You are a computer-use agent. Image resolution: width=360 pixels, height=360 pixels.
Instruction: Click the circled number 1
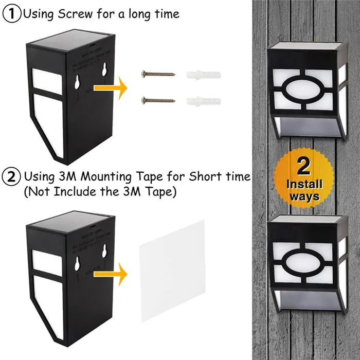coord(11,14)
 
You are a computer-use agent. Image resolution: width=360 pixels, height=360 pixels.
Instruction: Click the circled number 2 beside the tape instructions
coord(11,177)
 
